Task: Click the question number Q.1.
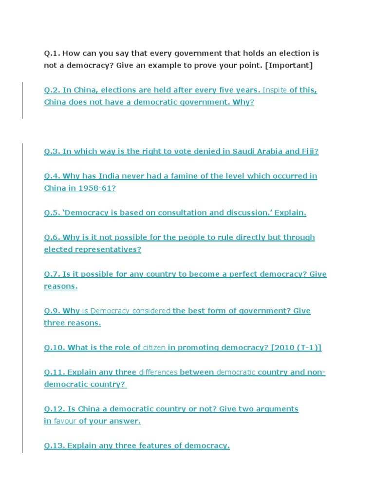pyautogui.click(x=52, y=53)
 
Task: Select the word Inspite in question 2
pyautogui.click(x=275, y=90)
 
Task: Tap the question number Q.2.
pyautogui.click(x=52, y=90)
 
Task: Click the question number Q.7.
pyautogui.click(x=52, y=274)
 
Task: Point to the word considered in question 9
pyautogui.click(x=151, y=311)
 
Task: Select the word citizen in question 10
pyautogui.click(x=154, y=348)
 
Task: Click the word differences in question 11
pyautogui.click(x=158, y=373)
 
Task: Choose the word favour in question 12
pyautogui.click(x=65, y=421)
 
